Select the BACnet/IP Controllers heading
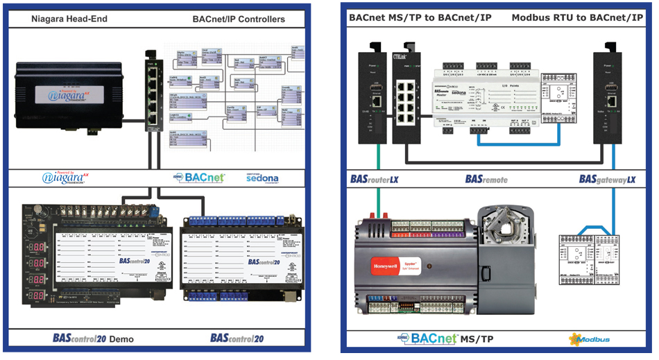[239, 19]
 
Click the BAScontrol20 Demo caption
[94, 339]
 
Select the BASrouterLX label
[375, 179]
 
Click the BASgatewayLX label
[608, 179]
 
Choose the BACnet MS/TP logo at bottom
[445, 339]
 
